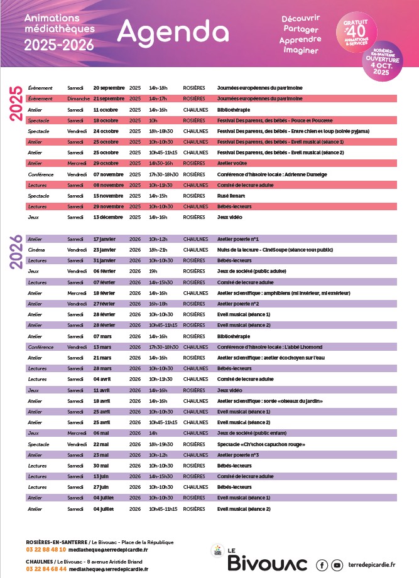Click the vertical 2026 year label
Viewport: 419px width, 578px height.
coord(16,252)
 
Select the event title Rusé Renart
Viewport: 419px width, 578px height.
coord(232,196)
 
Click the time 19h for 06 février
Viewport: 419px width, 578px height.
coord(153,271)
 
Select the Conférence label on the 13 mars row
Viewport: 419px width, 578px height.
coord(41,346)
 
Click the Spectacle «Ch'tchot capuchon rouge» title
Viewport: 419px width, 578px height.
coord(261,444)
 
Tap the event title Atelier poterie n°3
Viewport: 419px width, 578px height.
coord(238,454)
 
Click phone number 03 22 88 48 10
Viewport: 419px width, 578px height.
coord(46,549)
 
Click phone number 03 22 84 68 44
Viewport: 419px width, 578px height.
coord(46,569)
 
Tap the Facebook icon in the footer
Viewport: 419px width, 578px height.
coord(322,565)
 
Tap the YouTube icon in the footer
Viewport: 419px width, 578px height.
coord(337,565)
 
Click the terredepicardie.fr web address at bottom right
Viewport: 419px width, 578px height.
coord(376,565)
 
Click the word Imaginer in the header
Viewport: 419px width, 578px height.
coord(302,50)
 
